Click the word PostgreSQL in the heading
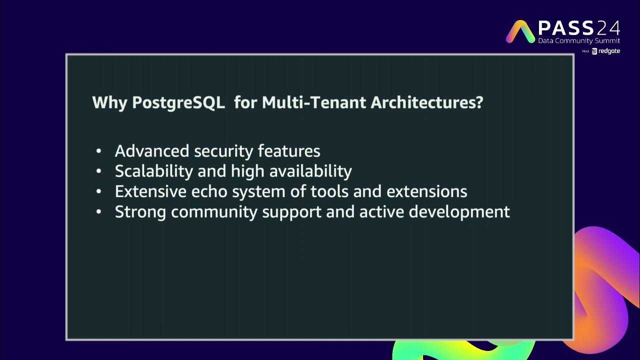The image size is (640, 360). pyautogui.click(x=178, y=103)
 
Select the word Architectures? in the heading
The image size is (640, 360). pyautogui.click(x=427, y=103)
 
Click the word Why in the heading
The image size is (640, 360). pyautogui.click(x=110, y=103)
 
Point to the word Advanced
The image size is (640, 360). pyautogui.click(x=152, y=151)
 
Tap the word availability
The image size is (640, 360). pyautogui.click(x=310, y=171)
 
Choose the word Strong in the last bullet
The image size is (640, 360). pyautogui.click(x=140, y=212)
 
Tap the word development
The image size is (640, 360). pyautogui.click(x=459, y=212)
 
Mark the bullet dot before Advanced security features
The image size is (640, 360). pyautogui.click(x=99, y=151)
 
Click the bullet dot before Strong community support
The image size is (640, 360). pyautogui.click(x=99, y=212)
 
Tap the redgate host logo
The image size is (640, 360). pyautogui.click(x=606, y=51)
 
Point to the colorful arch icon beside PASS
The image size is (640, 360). pyautogui.click(x=520, y=31)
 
